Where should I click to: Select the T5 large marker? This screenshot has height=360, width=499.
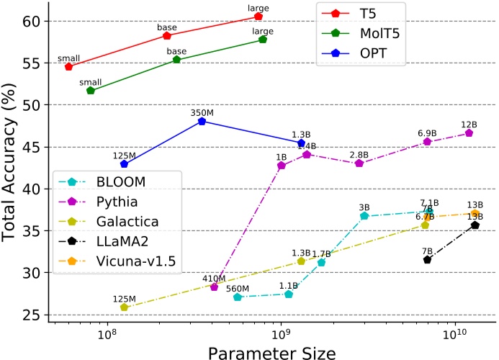click(x=259, y=16)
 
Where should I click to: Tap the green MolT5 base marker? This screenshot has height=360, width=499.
click(x=176, y=60)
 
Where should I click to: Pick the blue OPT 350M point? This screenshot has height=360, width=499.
click(x=202, y=121)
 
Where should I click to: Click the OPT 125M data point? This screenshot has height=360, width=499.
click(x=124, y=164)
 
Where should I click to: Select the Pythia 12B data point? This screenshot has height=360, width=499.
click(x=469, y=132)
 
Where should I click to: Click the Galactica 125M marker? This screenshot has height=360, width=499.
click(x=124, y=307)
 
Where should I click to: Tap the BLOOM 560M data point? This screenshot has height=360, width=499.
click(x=238, y=297)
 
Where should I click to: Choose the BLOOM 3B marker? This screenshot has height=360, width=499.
click(x=364, y=216)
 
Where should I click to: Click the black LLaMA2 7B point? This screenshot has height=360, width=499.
click(x=427, y=259)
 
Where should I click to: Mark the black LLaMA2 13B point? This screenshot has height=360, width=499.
click(x=475, y=225)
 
